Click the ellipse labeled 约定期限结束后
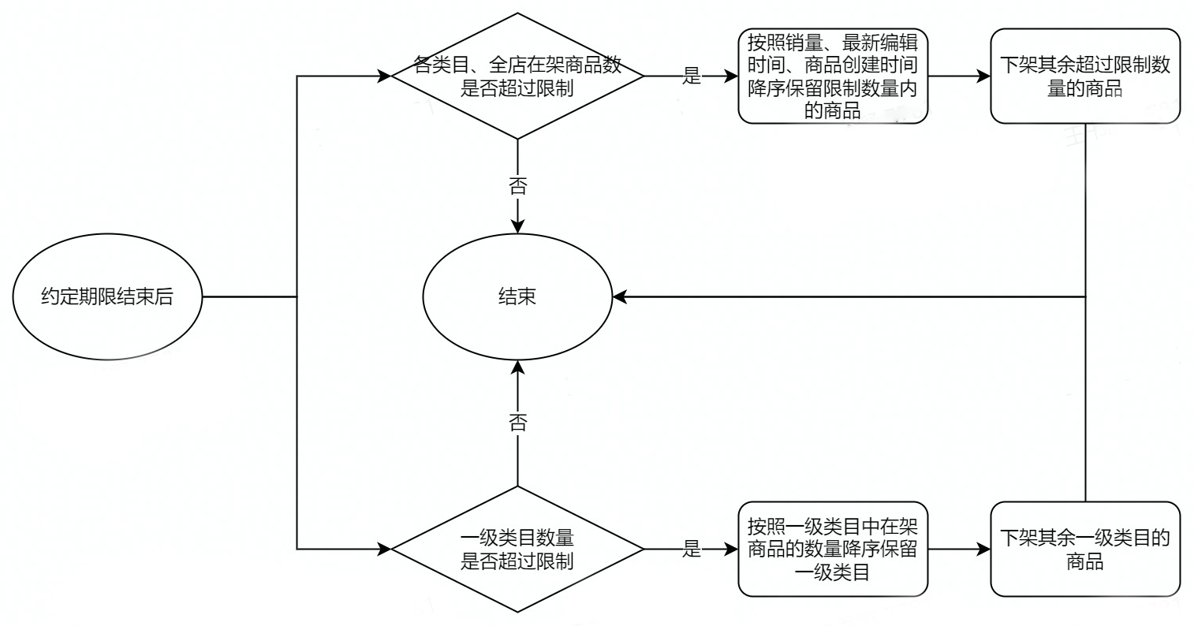pyautogui.click(x=107, y=298)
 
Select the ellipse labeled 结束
pyautogui.click(x=517, y=297)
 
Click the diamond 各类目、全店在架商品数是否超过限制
pyautogui.click(x=517, y=76)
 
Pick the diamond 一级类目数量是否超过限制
pyautogui.click(x=517, y=550)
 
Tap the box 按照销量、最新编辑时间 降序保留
pyautogui.click(x=832, y=76)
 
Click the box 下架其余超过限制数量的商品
pyautogui.click(x=1084, y=76)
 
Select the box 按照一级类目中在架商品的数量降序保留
pyautogui.click(x=832, y=550)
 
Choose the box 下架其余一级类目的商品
pyautogui.click(x=1084, y=550)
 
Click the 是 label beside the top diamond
pyautogui.click(x=691, y=76)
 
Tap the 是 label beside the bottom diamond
pyautogui.click(x=691, y=550)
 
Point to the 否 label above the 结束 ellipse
pyautogui.click(x=517, y=187)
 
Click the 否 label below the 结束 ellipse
pyautogui.click(x=517, y=421)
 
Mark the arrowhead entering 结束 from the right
pyautogui.click(x=620, y=297)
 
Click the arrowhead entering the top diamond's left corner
pyautogui.click(x=385, y=76)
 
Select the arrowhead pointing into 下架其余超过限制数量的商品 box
pyautogui.click(x=983, y=76)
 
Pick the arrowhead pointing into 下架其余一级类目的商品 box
pyautogui.click(x=983, y=549)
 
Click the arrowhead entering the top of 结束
pyautogui.click(x=517, y=225)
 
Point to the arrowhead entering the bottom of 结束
pyautogui.click(x=517, y=367)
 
